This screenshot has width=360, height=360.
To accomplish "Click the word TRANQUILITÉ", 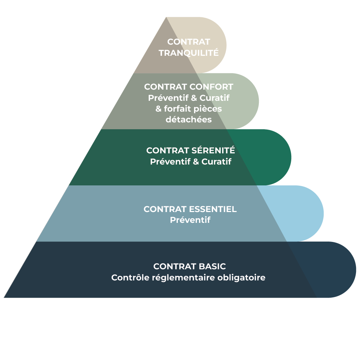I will point(189,53).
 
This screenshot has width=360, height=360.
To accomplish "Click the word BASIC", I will point(212,266).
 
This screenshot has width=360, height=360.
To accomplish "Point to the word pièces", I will point(210,109).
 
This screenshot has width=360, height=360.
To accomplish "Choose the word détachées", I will point(189,120).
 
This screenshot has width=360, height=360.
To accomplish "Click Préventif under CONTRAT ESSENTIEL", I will point(190,220).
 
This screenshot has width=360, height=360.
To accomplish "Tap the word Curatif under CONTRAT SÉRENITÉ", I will point(216,162).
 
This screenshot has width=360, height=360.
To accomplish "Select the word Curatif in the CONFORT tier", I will point(215,98).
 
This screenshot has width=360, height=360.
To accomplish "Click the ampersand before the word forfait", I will point(158,109).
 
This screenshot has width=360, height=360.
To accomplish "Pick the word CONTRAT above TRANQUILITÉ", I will point(189,42).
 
